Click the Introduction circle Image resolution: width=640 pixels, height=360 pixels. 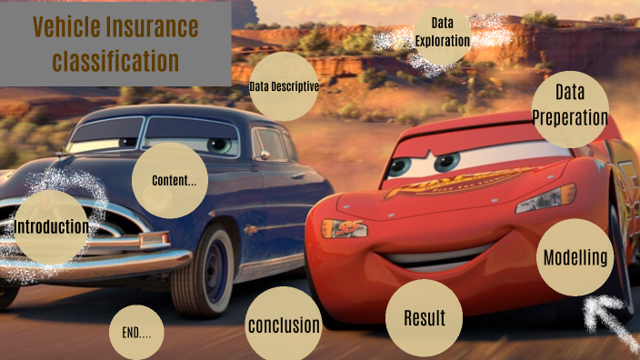click(52, 227)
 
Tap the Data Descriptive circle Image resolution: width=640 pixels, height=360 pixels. click(284, 87)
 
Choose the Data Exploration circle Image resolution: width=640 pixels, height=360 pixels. click(442, 34)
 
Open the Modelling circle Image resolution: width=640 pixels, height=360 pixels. click(575, 257)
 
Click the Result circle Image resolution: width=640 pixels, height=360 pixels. click(424, 318)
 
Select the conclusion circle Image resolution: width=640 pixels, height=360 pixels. click(284, 325)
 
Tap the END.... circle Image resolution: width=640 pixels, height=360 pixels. click(136, 332)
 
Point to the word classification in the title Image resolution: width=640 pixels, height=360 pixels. click(115, 61)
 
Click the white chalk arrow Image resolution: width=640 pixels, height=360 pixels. click(610, 323)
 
